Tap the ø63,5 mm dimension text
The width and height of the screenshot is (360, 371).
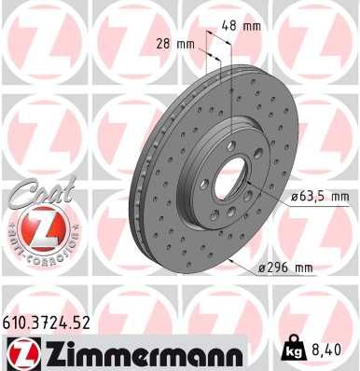point(320,198)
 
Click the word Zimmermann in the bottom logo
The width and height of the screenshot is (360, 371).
point(138,351)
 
